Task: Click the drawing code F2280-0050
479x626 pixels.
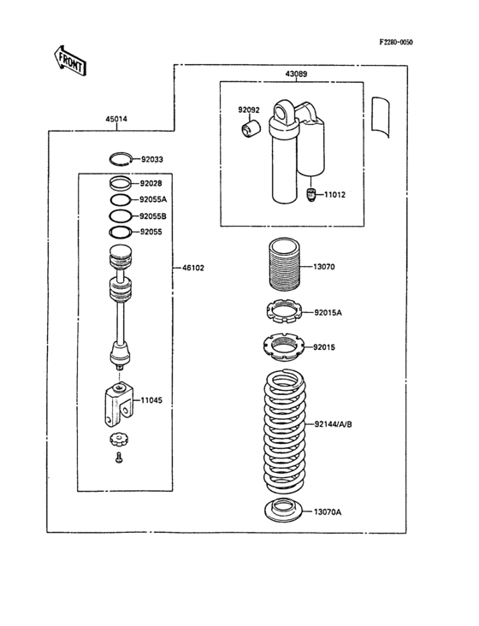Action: [401, 41]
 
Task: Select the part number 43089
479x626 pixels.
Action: [297, 74]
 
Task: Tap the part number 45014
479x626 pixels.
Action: [116, 119]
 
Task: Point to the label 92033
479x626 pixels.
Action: [152, 158]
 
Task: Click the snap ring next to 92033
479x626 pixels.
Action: [121, 158]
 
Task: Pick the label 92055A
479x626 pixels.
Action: [154, 199]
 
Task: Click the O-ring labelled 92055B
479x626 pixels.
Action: [121, 216]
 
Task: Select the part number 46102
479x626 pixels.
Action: [192, 268]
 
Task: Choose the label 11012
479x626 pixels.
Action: [334, 195]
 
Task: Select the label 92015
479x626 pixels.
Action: [325, 347]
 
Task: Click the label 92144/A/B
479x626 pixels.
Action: [337, 423]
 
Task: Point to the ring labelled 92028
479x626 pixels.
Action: [121, 183]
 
